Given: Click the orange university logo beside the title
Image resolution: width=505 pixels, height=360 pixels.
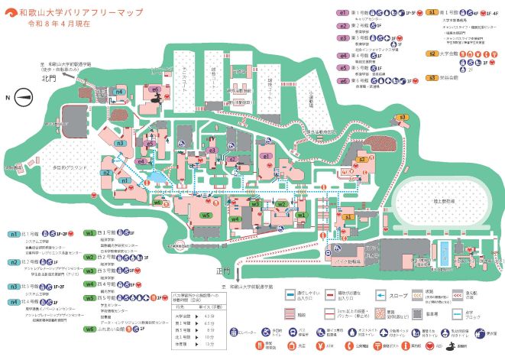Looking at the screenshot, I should [x=9, y=13].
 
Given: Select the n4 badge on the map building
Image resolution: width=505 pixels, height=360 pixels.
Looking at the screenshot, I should [x=119, y=92].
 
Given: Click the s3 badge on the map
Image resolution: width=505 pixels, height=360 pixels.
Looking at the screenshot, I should [x=403, y=117].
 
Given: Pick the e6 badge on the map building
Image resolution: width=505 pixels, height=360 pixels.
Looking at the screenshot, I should [x=155, y=89].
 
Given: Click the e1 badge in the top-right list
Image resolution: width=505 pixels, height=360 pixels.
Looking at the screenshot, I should [x=343, y=14].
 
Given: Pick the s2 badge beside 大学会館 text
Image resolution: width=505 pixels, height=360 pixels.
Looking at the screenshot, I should [x=432, y=54].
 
